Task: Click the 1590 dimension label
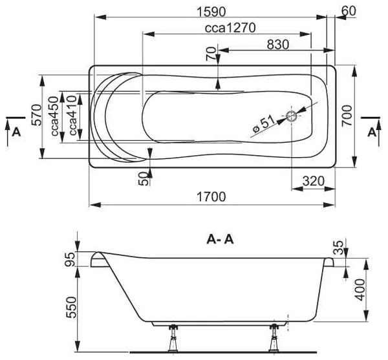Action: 211,12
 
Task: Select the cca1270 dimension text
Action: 230,28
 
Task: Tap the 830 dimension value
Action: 278,45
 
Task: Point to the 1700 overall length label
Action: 211,197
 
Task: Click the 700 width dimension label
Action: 347,116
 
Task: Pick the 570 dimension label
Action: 37,115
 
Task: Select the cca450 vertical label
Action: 55,116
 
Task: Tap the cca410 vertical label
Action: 72,116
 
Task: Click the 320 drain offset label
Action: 313,181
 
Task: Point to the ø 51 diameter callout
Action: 264,124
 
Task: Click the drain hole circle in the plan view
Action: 292,116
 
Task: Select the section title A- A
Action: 220,240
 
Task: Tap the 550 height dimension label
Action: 72,308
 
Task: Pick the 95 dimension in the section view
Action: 69,259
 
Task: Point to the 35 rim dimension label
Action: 338,248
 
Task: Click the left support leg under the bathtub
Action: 173,338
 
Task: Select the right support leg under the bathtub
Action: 274,338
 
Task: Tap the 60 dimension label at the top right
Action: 349,11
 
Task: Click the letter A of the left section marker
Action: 16,132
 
